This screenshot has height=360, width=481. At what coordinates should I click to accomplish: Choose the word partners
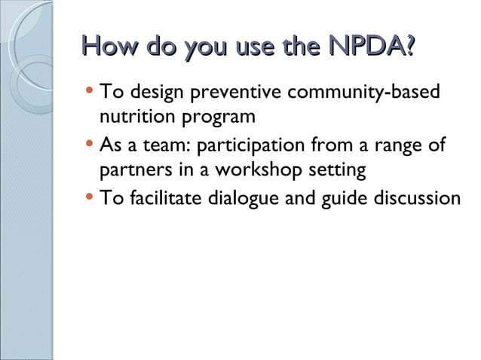click(133, 170)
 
